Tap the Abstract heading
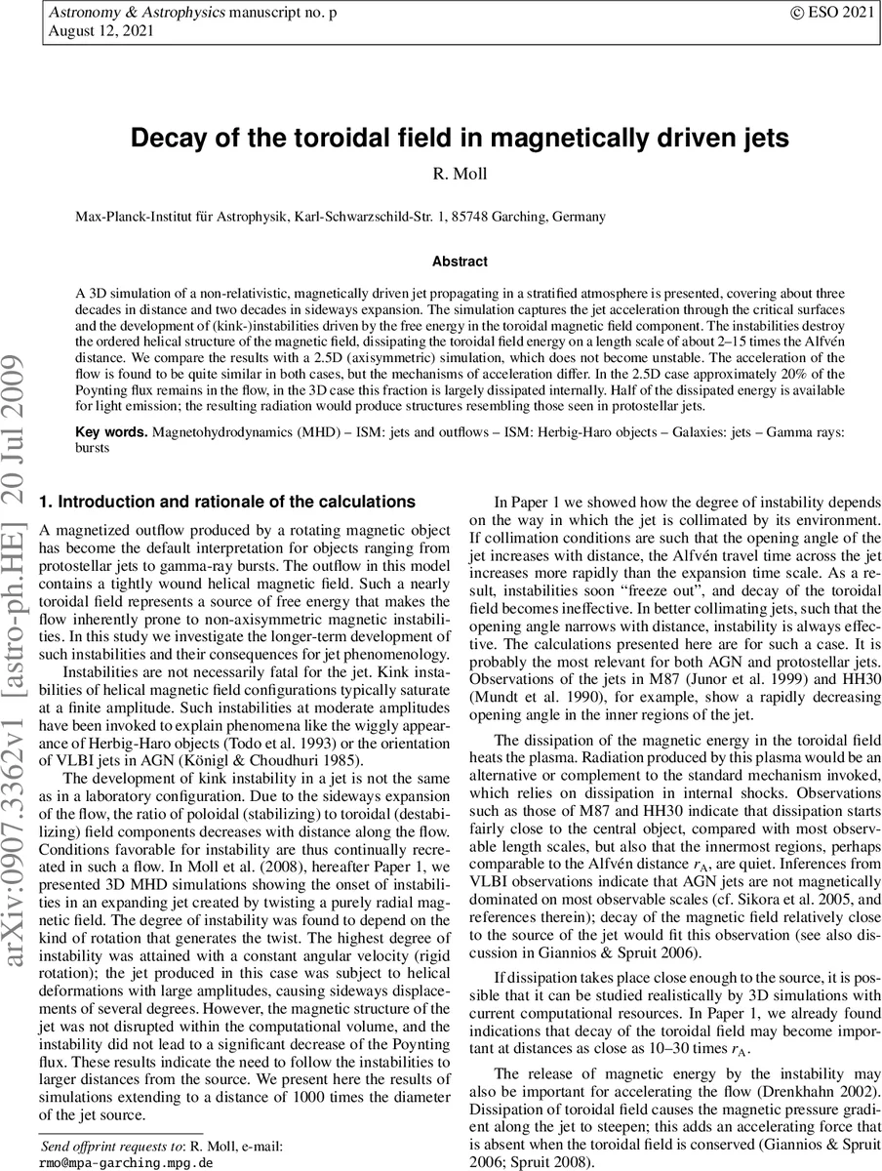coord(460,262)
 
